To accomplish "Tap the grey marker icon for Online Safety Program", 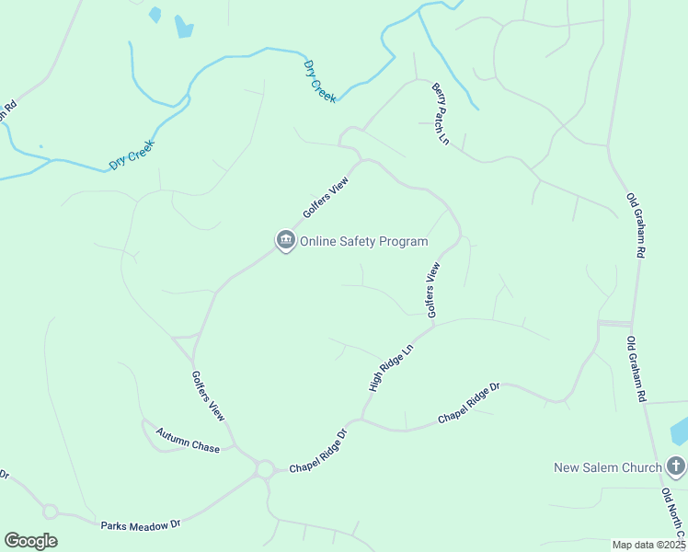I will pos(286,241).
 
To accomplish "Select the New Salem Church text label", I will pos(608,467).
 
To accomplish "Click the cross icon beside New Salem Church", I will pos(676,466).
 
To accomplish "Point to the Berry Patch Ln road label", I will pos(440,113).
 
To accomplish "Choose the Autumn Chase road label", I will pos(188,441).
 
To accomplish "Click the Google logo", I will pos(30,541).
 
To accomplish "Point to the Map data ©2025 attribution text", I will pos(648,545).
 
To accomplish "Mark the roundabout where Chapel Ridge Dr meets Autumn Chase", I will pos(265,469).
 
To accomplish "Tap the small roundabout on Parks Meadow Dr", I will pos(50,512).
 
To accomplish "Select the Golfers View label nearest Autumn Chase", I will pos(208,397).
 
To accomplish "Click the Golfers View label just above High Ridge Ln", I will pos(434,290).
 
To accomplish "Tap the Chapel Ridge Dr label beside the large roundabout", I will pos(318,452).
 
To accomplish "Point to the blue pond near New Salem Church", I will pos(681,431).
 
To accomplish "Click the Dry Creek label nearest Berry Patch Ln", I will pos(320,82).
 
